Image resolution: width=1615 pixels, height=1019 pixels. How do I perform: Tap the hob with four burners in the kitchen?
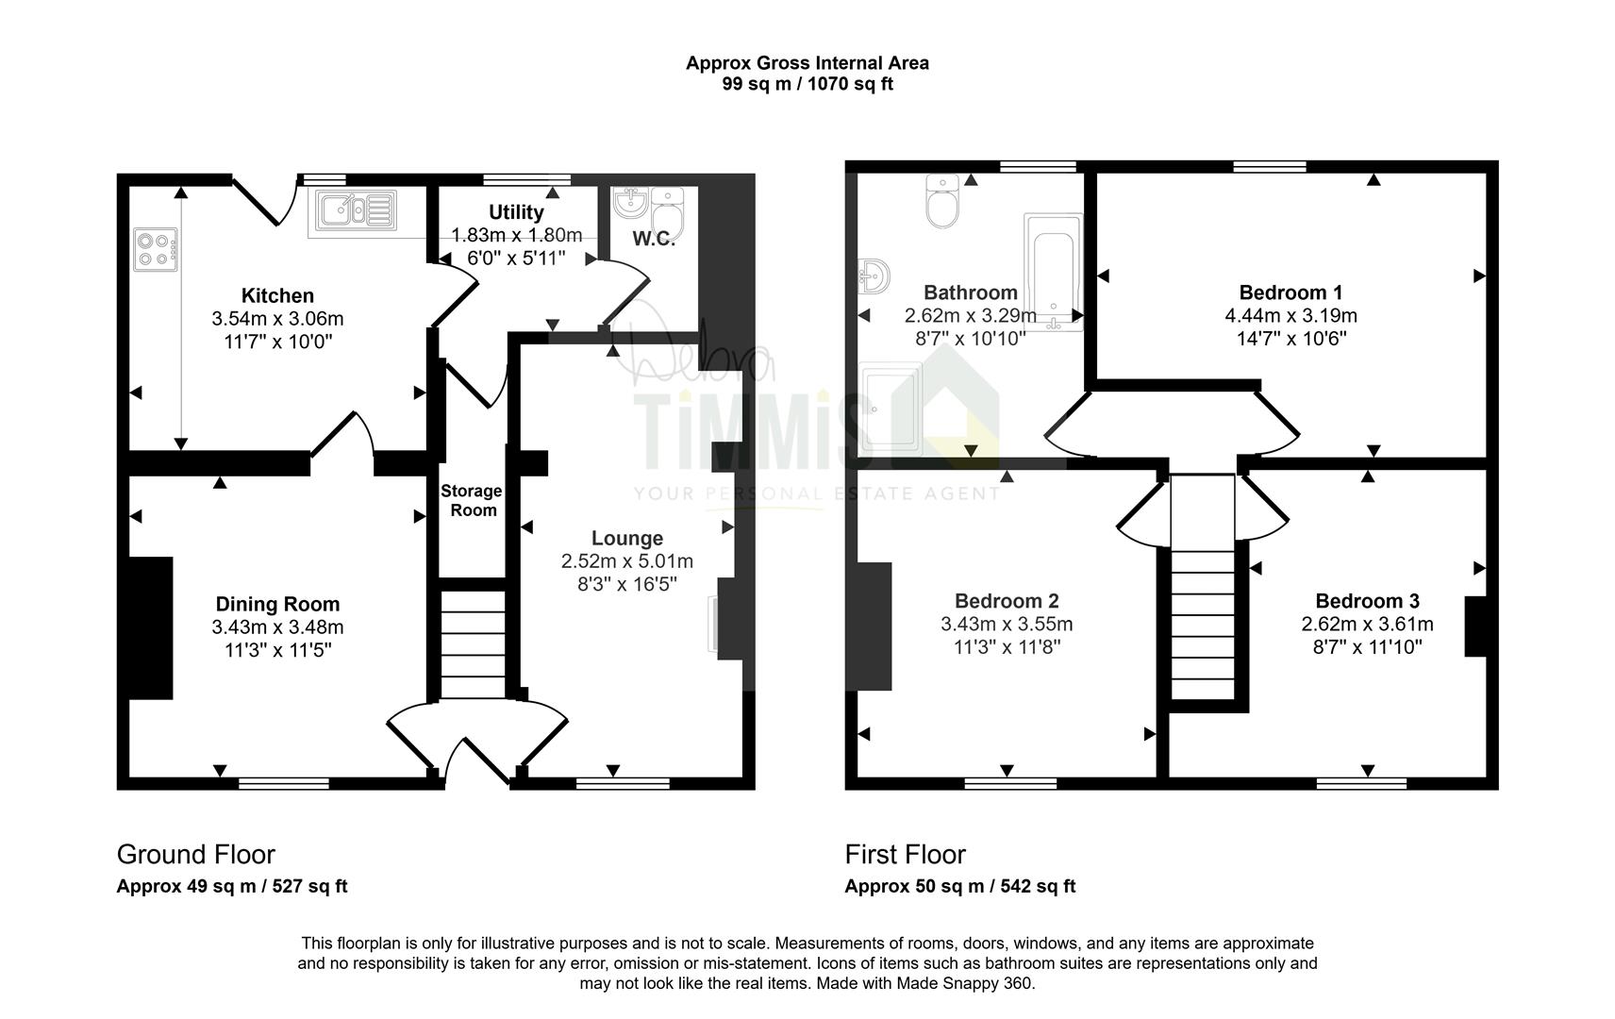[x=155, y=249]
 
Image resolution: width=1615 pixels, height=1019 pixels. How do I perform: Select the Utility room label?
[x=516, y=212]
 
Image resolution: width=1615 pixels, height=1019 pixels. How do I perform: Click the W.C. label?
[x=654, y=240]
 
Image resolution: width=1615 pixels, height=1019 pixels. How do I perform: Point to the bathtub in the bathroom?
[x=1054, y=272]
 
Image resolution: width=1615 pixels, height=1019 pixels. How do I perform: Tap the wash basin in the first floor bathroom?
[x=874, y=276]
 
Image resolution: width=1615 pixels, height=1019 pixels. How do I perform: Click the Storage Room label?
[x=472, y=500]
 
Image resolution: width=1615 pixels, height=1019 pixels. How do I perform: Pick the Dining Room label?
[x=277, y=605]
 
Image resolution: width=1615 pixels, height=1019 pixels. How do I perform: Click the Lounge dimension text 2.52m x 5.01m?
[x=627, y=561]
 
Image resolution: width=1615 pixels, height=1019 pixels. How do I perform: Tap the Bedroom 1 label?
[x=1290, y=292]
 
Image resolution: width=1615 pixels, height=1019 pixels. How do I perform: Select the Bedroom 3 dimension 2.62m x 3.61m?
[x=1367, y=625]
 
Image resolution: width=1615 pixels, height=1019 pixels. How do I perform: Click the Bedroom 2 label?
[x=1007, y=601]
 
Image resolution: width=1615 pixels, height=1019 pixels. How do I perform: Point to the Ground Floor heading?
[x=196, y=855]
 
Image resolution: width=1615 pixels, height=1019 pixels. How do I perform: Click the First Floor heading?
[x=905, y=855]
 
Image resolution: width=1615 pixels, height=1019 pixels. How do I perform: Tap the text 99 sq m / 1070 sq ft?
[x=807, y=84]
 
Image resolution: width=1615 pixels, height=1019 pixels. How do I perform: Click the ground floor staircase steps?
[x=473, y=644]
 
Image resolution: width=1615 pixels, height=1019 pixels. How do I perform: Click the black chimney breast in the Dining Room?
[x=151, y=628]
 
